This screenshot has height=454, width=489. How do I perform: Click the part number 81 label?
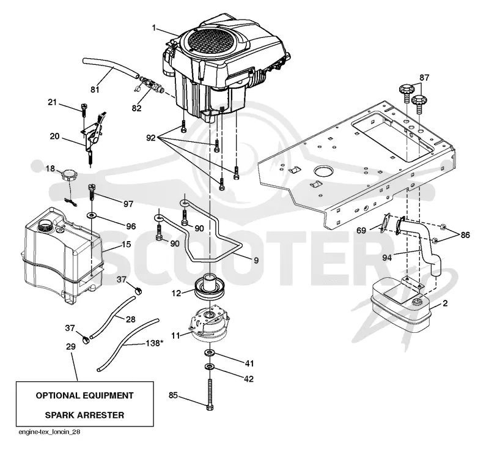pos(95,89)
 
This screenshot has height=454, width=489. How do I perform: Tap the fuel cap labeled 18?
pos(68,174)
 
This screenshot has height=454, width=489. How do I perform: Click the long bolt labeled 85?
pos(210,395)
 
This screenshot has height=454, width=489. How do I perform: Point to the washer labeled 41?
pos(209,353)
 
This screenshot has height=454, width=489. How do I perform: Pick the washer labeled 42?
pos(209,366)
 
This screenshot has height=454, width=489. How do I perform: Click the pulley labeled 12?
pos(208,287)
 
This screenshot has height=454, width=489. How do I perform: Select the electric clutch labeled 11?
pos(209,324)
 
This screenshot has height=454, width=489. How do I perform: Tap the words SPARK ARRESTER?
pos(84,415)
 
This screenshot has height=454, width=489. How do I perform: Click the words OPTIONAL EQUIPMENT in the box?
pos(84,396)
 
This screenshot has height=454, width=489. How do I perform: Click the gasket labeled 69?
pos(384,223)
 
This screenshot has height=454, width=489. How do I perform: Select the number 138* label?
pos(155,343)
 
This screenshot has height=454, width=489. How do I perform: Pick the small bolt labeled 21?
pos(83,109)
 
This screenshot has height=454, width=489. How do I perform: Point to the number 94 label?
pos(387,258)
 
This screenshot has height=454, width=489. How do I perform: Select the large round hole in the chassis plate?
pos(324,171)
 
